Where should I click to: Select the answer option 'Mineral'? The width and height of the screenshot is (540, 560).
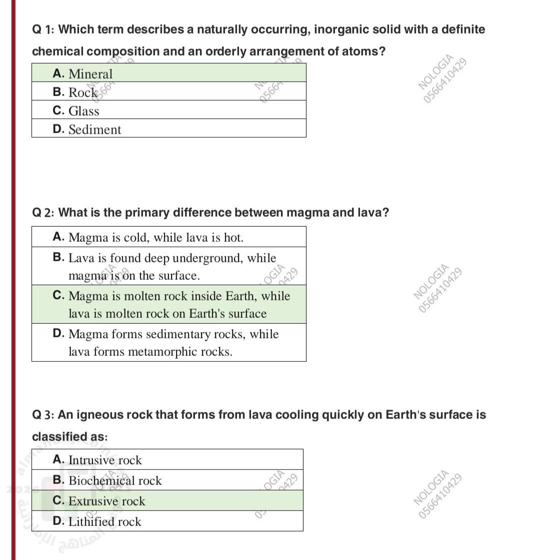90,74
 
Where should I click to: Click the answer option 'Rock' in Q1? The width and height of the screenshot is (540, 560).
83,93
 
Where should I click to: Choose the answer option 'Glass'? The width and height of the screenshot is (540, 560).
84,111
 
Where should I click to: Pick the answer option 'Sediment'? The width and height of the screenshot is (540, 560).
95,130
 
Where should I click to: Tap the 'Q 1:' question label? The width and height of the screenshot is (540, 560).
43,30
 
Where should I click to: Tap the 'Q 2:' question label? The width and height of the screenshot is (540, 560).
43,213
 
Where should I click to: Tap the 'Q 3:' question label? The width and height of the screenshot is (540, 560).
43,415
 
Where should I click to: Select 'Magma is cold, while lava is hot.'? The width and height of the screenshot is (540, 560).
156,237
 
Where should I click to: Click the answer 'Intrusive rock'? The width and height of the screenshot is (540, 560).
105,460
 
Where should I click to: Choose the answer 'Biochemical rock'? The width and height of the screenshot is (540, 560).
115,480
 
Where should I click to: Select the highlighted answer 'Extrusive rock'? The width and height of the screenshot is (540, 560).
106,501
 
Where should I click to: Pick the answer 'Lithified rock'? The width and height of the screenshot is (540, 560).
105,521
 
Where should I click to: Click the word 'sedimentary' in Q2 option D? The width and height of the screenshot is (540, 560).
214,334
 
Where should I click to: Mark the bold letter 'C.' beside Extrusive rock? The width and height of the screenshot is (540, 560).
58,500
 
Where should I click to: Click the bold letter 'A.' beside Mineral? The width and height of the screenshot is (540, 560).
58,74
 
